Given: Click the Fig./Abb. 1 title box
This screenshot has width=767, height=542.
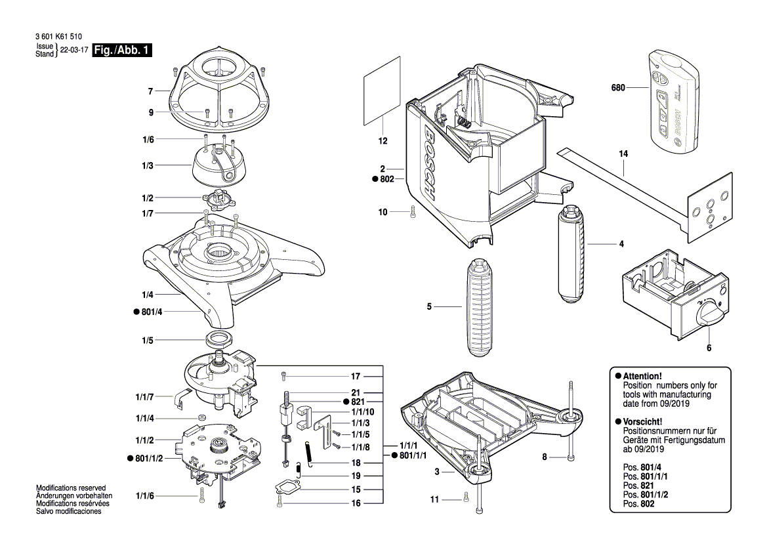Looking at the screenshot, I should point(122,51).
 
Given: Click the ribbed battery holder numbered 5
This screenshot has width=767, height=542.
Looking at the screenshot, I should point(484,306).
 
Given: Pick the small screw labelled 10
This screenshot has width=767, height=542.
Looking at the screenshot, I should point(412,213).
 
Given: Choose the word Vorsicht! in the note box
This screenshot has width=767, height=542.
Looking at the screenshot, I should point(642,421).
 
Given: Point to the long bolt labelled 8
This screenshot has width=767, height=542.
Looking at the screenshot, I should point(571,420).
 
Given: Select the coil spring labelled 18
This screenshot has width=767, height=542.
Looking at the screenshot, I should point(308,454).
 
